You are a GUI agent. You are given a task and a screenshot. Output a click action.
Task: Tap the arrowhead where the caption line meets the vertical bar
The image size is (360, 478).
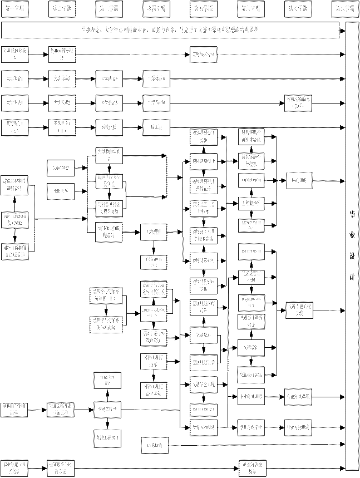point(342,38)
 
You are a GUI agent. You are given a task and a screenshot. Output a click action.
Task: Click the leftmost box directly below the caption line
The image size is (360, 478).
point(13,54)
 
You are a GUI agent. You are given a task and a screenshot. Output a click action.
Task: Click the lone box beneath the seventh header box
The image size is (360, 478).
point(298,101)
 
